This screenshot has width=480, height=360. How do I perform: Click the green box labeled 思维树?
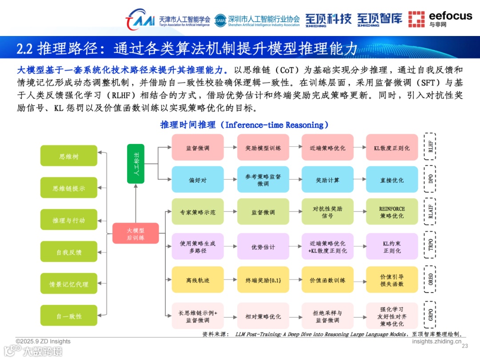click(x=68, y=156)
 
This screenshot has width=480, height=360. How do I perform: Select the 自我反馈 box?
click(x=68, y=252)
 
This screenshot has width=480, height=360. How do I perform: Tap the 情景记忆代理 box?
click(x=68, y=284)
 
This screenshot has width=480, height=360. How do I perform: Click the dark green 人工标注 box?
click(x=136, y=164)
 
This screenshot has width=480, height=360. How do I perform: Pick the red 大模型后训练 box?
click(x=136, y=233)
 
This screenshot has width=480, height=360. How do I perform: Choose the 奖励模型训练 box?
click(x=263, y=148)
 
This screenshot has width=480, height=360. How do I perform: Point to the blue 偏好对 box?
click(x=197, y=180)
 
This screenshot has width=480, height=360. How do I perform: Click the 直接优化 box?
click(x=392, y=180)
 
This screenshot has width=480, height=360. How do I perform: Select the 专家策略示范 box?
click(x=197, y=212)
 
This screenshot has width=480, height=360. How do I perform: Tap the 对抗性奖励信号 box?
click(x=328, y=212)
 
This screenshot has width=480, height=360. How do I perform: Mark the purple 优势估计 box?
click(x=263, y=247)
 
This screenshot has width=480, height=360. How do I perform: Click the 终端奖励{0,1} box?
click(x=263, y=280)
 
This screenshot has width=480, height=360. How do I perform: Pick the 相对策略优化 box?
click(x=263, y=316)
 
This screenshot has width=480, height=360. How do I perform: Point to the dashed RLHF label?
click(x=430, y=148)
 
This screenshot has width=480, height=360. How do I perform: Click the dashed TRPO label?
click(x=430, y=247)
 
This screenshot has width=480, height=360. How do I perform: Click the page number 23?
click(x=465, y=346)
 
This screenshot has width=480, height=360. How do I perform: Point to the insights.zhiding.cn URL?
click(x=436, y=341)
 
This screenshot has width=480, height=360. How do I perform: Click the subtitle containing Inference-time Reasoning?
click(x=244, y=125)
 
